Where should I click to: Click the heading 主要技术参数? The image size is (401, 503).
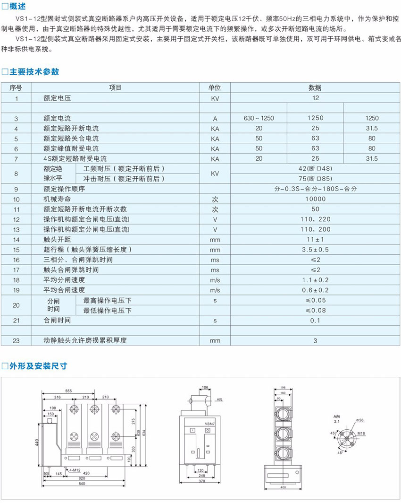(x=34, y=72)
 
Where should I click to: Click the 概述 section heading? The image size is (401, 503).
(x=19, y=6)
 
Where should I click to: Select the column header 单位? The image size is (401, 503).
(x=215, y=87)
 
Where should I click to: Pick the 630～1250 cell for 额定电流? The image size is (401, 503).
(x=258, y=118)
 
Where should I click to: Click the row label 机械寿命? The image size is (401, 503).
(x=57, y=199)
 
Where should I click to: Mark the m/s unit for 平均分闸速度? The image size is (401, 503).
(x=215, y=280)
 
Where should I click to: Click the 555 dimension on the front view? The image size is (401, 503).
(x=68, y=390)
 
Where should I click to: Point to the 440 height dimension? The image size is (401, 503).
(x=36, y=442)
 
